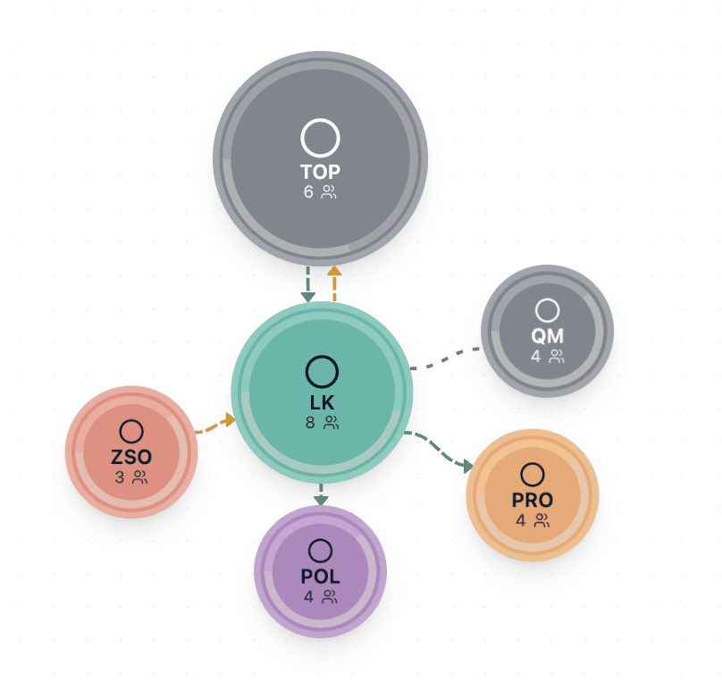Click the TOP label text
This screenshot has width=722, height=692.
(x=321, y=172)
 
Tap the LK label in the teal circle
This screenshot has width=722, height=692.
(x=322, y=402)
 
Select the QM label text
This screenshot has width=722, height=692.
(x=547, y=336)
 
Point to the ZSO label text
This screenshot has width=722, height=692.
(x=131, y=457)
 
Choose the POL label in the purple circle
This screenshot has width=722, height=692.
(x=321, y=577)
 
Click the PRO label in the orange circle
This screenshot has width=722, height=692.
(x=533, y=501)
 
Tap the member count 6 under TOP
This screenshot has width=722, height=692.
(x=308, y=191)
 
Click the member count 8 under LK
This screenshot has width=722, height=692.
(x=310, y=423)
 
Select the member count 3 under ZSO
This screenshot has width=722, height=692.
(x=120, y=477)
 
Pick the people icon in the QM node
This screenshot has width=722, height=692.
(x=557, y=356)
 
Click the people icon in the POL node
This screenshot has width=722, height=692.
(x=330, y=597)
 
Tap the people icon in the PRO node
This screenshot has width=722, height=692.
(x=542, y=520)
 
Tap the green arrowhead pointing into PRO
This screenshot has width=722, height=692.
(x=468, y=466)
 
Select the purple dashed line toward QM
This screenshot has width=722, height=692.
(x=444, y=359)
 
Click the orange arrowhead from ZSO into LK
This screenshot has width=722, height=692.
(x=230, y=419)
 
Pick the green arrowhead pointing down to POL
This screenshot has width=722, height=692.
(x=321, y=501)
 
